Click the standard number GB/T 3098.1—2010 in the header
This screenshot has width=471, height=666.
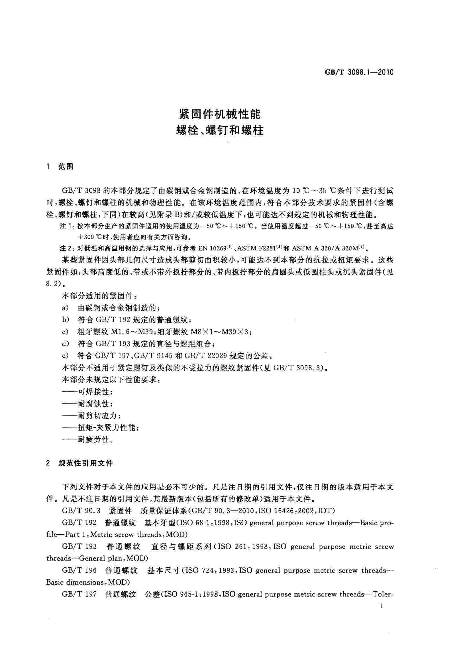(x=359, y=72)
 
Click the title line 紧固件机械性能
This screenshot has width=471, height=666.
(x=220, y=114)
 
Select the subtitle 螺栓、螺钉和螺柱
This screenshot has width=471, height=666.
(x=220, y=131)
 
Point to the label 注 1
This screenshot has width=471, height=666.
(x=67, y=226)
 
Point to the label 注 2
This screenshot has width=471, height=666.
(x=67, y=248)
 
